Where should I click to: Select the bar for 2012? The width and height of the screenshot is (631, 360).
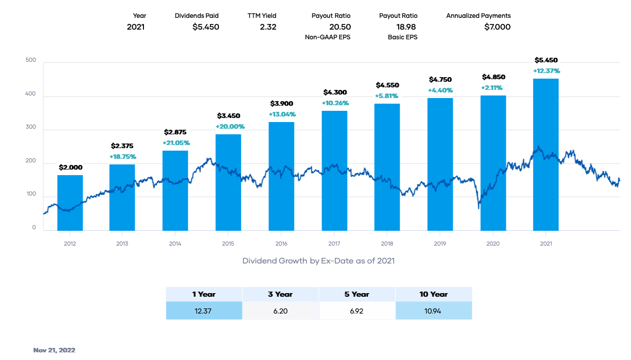(70, 203)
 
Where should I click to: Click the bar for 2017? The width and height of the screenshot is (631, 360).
(334, 171)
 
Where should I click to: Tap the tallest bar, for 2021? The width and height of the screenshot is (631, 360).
(546, 154)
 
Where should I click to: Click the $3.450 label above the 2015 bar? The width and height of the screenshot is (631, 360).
(228, 116)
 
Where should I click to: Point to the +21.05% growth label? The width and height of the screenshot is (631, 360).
(175, 142)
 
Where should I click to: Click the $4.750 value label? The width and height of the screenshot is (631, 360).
(440, 80)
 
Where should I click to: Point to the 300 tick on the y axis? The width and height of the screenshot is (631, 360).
(31, 130)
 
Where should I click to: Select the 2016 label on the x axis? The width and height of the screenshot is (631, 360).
(281, 244)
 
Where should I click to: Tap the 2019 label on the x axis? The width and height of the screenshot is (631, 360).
(440, 244)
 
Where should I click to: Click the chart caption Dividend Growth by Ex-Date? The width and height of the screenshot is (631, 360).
(318, 261)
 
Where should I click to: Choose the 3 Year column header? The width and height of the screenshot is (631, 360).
(280, 294)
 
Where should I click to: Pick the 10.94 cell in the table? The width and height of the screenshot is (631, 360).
(433, 311)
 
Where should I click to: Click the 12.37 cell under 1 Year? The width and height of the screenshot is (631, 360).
(204, 311)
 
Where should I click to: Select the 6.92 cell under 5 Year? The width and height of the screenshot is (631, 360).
(357, 311)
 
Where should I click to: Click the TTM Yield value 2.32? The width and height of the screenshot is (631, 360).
(268, 27)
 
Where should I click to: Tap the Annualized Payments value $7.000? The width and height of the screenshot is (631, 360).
(497, 27)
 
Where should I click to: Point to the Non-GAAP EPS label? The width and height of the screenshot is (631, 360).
(327, 37)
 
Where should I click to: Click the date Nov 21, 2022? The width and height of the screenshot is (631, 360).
(54, 350)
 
